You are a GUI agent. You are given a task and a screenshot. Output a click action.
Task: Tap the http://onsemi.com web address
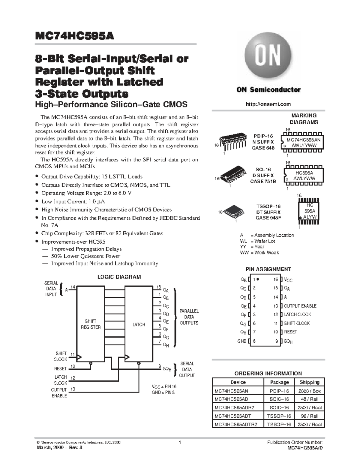coord(268,104)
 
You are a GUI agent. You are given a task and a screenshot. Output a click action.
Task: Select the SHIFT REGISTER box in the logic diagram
coord(91,324)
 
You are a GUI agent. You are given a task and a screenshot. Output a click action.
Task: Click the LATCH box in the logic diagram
coord(139,324)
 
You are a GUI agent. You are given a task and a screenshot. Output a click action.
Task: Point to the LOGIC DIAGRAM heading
coord(119,277)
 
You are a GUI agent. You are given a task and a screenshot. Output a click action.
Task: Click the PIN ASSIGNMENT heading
coord(268,269)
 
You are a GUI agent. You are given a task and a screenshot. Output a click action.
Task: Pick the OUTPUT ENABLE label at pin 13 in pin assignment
coord(300,306)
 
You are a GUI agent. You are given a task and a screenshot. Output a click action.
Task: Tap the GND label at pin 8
coord(242,341)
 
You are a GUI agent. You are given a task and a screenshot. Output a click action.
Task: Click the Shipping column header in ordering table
coord(310,382)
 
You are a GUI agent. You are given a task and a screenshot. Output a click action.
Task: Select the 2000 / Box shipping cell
coord(310,391)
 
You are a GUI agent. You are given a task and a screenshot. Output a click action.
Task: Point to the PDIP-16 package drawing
coord(233,141)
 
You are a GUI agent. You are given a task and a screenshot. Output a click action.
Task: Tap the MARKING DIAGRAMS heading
coord(304,119)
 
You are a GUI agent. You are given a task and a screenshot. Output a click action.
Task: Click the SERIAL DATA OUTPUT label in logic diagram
coord(187,369)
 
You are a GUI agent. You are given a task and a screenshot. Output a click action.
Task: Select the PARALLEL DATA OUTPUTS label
coord(189,317)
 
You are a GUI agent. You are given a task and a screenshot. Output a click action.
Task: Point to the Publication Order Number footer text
coord(294,442)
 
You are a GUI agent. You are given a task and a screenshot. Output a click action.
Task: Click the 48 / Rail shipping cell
coord(310,399)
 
